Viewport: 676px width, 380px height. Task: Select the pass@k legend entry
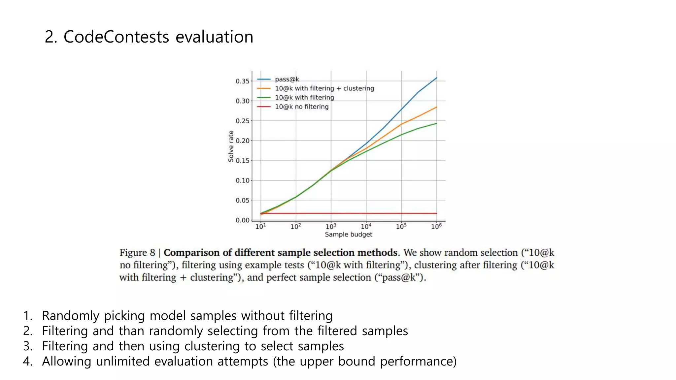[x=287, y=79]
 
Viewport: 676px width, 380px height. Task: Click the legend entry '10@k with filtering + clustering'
[x=324, y=88]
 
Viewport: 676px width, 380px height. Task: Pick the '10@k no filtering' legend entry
[x=302, y=107]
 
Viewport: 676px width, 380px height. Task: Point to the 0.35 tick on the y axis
[x=242, y=81]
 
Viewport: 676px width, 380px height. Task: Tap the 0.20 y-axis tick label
[x=242, y=141]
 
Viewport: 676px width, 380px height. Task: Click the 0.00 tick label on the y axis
[x=242, y=220]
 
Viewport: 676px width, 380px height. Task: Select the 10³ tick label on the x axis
[x=331, y=227]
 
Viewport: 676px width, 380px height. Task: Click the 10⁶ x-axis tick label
[x=436, y=227]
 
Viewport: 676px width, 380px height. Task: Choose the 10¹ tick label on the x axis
[x=260, y=227]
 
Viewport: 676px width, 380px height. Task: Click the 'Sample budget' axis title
[x=348, y=235]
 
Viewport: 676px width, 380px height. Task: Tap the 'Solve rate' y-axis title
[x=231, y=146]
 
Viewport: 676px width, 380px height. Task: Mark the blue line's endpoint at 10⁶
[x=437, y=78]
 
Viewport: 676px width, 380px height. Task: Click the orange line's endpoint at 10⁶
[x=437, y=107]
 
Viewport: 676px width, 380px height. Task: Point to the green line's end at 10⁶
[x=437, y=123]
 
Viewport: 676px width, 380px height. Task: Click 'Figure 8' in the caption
[x=137, y=253]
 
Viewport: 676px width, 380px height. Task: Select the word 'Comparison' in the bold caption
[x=191, y=253]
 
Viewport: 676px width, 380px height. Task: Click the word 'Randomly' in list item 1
[x=70, y=316]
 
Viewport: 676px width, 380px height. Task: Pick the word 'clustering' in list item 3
[x=212, y=346]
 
